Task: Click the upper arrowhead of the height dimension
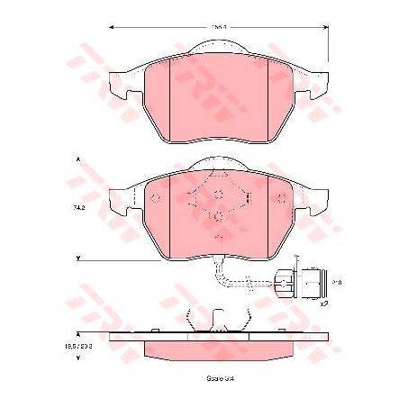(x=79, y=159)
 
